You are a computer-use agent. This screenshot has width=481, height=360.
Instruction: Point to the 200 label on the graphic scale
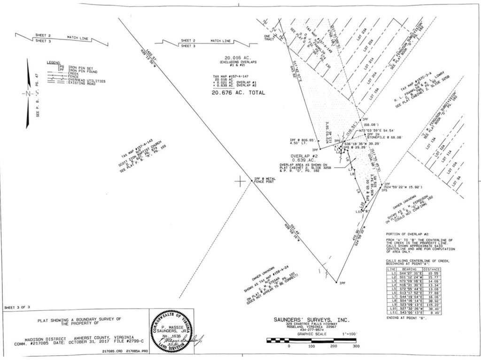point(334,346)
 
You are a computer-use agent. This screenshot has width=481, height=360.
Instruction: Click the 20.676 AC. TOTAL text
point(238,93)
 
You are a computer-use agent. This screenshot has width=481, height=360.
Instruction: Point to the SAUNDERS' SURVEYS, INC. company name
point(311,320)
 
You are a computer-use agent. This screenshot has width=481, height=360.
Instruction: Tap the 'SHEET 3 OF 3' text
point(17,307)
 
